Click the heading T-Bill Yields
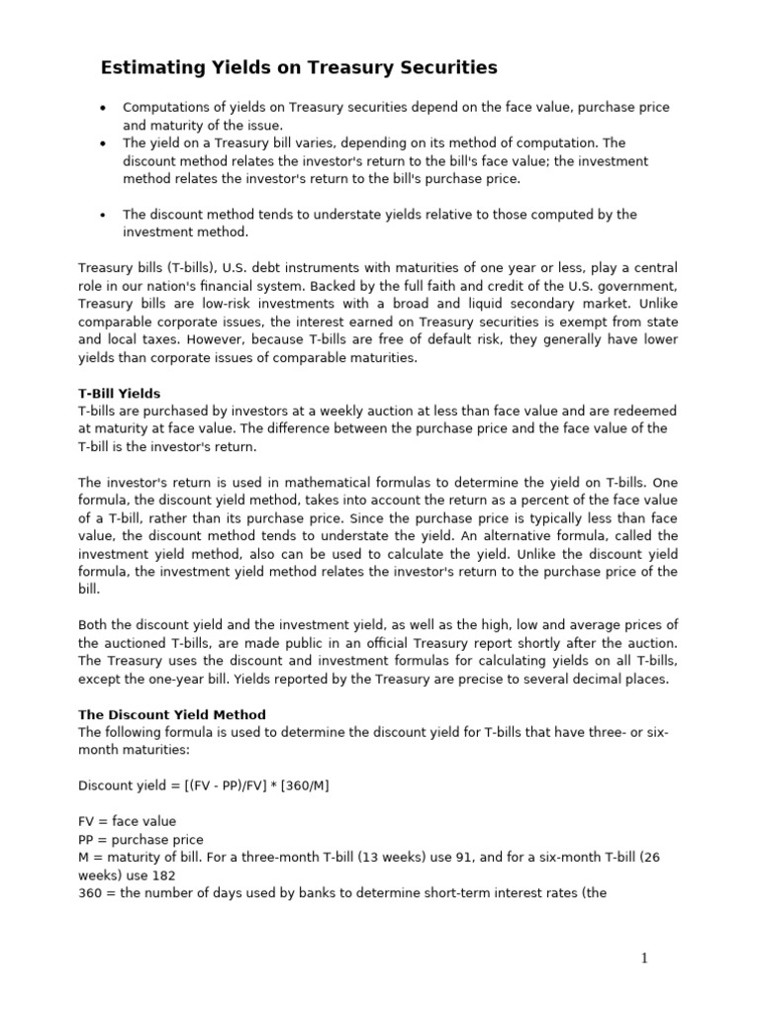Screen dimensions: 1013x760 119,394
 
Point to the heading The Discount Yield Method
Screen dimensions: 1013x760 172,714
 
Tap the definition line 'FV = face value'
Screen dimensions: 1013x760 127,821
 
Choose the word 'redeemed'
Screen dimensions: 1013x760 645,412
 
